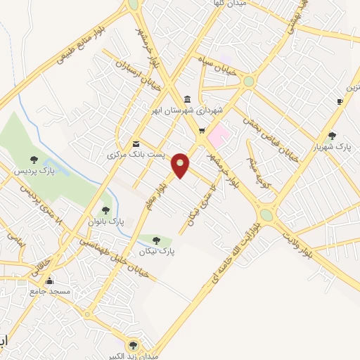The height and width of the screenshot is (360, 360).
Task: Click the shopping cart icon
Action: [x=202, y=130]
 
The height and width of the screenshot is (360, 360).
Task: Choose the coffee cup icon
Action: [x=340, y=101]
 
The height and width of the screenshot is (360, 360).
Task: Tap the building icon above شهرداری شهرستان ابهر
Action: [x=186, y=99]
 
